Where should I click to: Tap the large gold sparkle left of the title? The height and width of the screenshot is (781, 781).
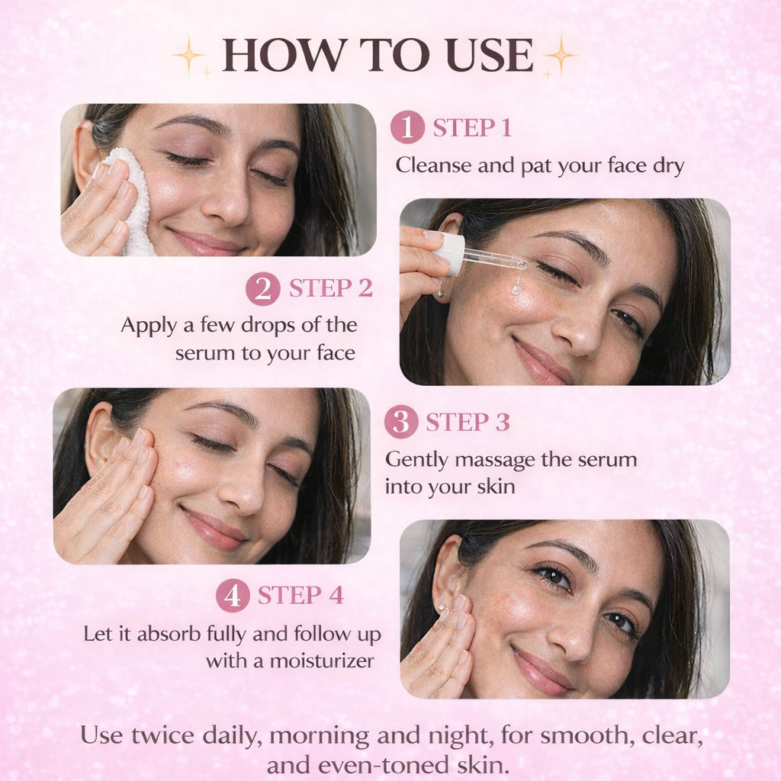pos(189,56)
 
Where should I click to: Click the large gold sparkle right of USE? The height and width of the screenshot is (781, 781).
pos(561,55)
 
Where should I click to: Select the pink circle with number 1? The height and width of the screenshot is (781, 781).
pos(407,127)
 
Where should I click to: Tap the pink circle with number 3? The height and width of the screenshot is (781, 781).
pos(401,422)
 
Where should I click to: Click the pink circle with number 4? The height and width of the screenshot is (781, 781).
pos(233,595)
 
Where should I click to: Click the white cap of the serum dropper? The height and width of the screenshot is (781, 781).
pos(450,254)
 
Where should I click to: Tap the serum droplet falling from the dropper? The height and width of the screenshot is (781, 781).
pos(517,288)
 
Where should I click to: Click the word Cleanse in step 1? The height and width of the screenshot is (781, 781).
pos(433,166)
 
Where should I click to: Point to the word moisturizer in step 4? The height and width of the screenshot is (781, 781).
pos(322,661)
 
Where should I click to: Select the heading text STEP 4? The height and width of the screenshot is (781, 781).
pos(301,595)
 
